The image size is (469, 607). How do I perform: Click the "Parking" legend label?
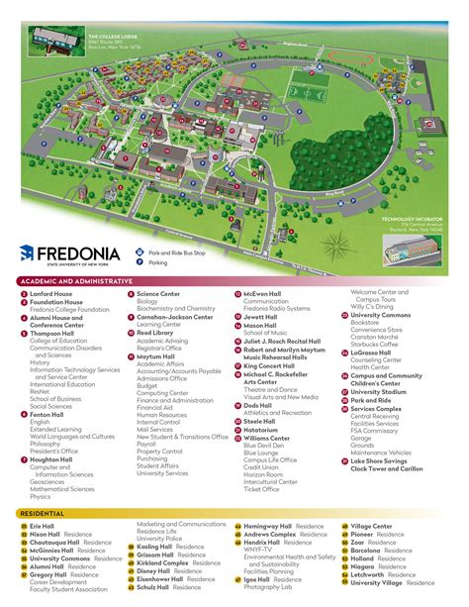tap(158, 263)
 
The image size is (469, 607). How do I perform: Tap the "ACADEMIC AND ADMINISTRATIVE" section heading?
tap(75, 282)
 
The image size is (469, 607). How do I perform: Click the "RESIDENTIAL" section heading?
tap(42, 513)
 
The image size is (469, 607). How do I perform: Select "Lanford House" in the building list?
tap(50, 294)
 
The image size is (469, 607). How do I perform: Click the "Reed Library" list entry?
tap(157, 333)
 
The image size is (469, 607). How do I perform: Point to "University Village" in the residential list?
tap(379, 582)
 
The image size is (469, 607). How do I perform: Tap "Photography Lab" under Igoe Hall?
tap(269, 589)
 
